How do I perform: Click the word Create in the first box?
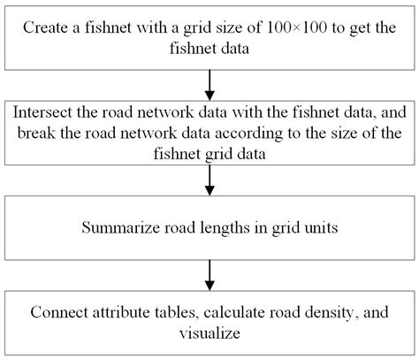(47, 27)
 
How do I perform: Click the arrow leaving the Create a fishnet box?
(209, 84)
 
